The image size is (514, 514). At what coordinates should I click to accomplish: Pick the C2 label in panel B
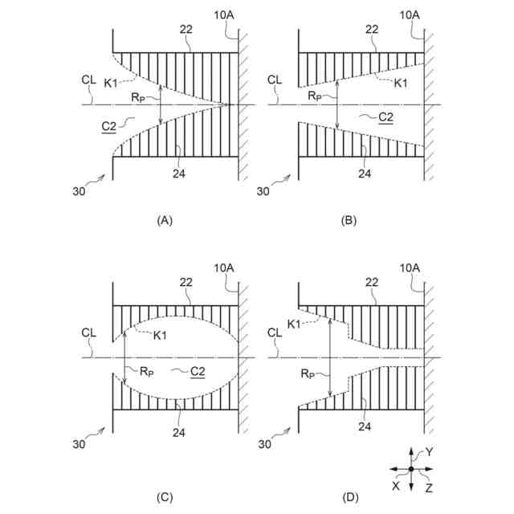click(x=385, y=117)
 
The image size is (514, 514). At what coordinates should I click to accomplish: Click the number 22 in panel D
click(x=371, y=282)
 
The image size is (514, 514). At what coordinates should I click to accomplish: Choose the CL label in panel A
click(x=88, y=80)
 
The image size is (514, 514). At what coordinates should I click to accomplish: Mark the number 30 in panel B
click(x=263, y=191)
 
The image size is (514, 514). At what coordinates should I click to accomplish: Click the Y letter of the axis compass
click(x=429, y=452)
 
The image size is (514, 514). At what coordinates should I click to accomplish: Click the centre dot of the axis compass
click(x=411, y=469)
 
